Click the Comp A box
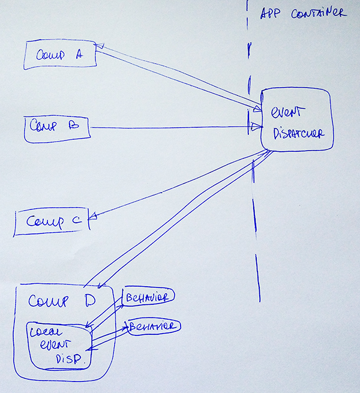coord(60,55)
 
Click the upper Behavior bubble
coord(148,297)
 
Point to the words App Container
coord(302,13)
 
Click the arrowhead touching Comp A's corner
coord(100,46)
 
